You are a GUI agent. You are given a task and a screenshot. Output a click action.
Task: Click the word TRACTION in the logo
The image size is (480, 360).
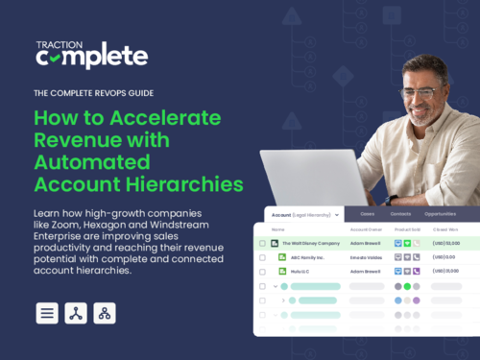click(57, 45)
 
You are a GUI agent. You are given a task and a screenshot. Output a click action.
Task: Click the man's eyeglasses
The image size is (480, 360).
click(420, 92)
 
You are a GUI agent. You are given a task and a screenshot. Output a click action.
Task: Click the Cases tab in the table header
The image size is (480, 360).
click(340, 213)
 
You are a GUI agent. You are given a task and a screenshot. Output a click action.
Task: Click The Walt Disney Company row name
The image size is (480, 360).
click(309, 244)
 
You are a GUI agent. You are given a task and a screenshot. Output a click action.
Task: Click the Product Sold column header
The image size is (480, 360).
click(409, 230)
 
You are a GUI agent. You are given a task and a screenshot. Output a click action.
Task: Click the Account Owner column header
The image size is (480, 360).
click(366, 230)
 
